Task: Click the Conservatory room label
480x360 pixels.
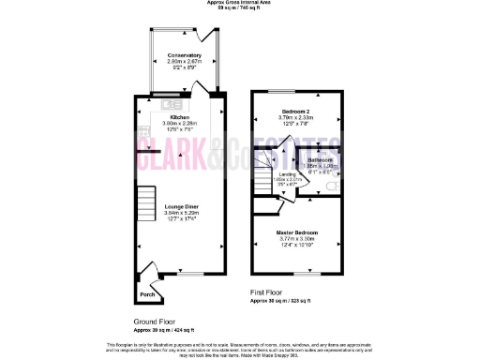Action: [185, 55]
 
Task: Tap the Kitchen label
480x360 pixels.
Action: [180, 117]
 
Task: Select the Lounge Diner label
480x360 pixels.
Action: [181, 206]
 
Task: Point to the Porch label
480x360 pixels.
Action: [147, 294]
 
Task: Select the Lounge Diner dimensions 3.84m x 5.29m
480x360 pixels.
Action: [181, 213]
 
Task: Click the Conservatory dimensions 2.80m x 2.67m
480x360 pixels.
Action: [185, 62]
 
